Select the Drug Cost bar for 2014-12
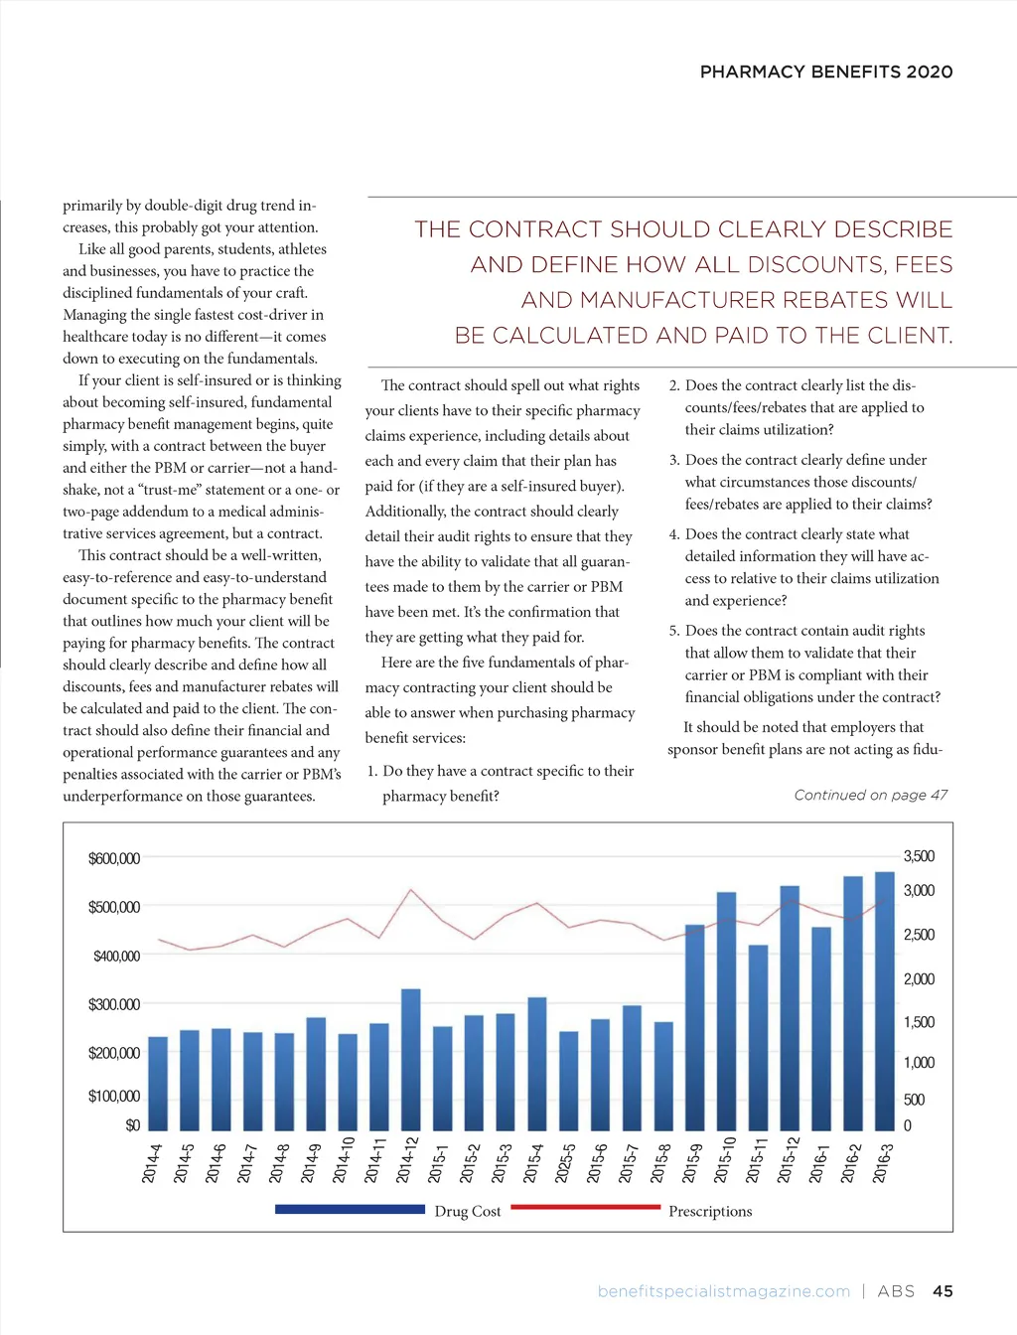[410, 1058]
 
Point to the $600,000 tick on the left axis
[114, 858]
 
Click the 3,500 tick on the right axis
[919, 856]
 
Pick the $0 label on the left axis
[132, 1125]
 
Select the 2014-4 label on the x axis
[151, 1163]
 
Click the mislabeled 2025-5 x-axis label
[566, 1163]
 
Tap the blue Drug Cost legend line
[349, 1209]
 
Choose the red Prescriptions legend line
[585, 1207]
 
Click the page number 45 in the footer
[943, 1291]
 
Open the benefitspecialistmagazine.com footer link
[723, 1291]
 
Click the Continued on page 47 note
[870, 795]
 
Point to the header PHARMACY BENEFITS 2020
[825, 72]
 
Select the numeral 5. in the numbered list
[674, 631]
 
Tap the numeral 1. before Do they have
[372, 771]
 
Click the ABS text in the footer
[896, 1291]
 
